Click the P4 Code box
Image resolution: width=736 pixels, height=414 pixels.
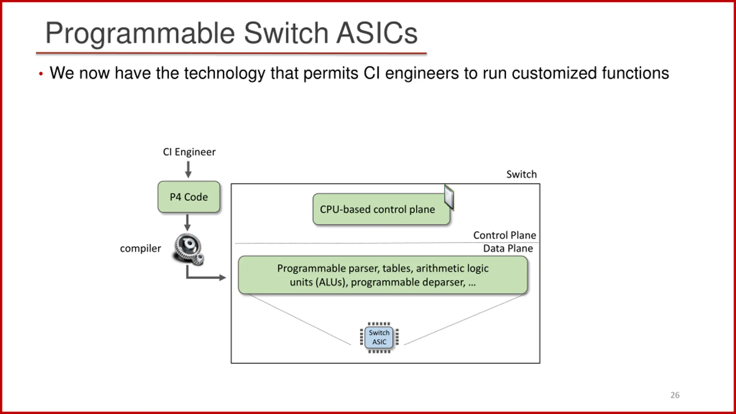click(189, 197)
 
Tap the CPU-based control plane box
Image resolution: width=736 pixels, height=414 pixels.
click(381, 209)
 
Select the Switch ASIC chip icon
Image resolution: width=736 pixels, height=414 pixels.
click(379, 338)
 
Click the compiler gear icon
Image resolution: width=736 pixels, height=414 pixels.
click(188, 249)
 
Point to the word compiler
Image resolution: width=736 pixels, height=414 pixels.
click(140, 248)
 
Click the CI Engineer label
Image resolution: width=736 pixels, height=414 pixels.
click(189, 152)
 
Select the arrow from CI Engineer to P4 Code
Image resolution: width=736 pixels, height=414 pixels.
click(188, 169)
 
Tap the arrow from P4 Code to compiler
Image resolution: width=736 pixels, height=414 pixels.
click(187, 222)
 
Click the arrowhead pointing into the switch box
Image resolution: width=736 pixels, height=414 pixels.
click(223, 277)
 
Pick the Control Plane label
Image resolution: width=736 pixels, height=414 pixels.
click(505, 235)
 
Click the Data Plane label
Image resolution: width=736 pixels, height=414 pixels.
click(508, 248)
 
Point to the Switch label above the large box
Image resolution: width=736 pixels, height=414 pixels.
click(522, 174)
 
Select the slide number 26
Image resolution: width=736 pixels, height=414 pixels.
click(675, 395)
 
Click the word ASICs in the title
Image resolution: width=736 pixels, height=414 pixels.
click(377, 33)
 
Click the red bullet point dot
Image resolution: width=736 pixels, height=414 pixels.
click(41, 74)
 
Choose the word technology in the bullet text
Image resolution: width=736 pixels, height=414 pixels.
click(225, 73)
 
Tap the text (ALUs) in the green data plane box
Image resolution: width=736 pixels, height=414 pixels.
click(331, 282)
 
